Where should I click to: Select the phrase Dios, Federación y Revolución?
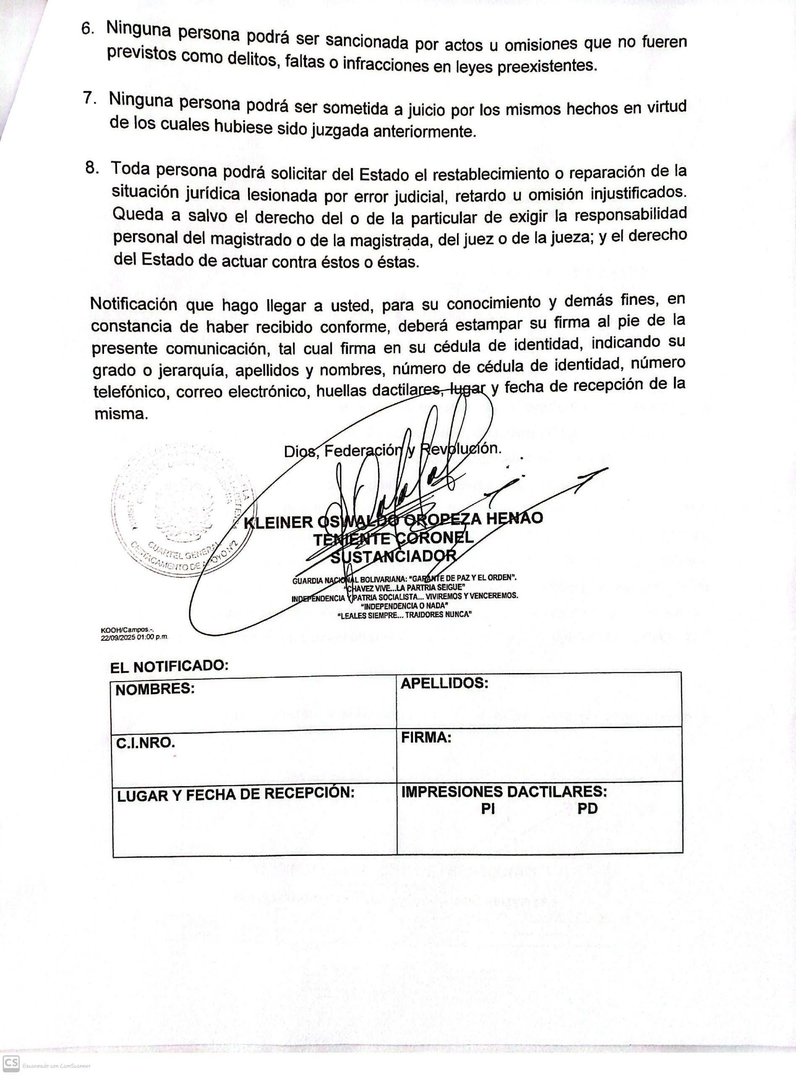393,450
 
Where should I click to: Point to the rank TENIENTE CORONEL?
393,538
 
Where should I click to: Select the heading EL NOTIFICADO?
169,667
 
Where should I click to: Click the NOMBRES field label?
155,690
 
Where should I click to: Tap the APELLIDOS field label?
444,683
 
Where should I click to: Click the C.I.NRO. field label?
145,743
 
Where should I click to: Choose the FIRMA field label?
426,737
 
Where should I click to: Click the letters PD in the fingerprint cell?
587,808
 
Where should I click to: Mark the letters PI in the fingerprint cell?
488,809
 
